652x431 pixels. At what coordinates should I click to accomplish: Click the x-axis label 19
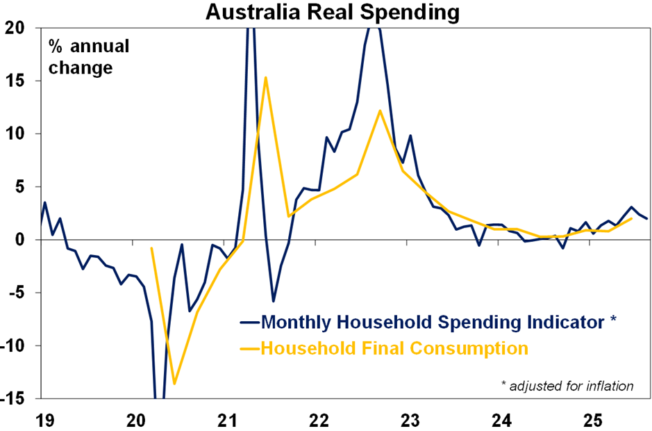40,420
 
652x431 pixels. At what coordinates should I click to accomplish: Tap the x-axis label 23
410,420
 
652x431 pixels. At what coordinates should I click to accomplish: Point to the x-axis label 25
592,420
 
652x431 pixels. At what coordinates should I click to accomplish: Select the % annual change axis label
88,58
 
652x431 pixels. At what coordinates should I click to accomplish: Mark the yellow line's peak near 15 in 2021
266,77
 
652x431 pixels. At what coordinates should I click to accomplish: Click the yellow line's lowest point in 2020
174,384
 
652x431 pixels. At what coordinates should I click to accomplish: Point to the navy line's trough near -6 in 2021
274,301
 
